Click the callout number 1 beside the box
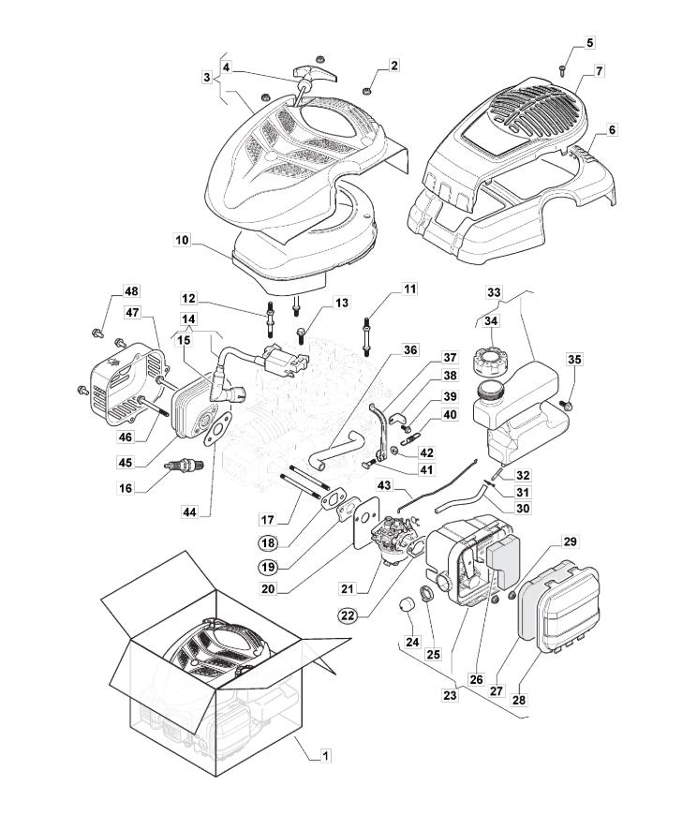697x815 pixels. (x=325, y=755)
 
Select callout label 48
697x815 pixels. (x=131, y=291)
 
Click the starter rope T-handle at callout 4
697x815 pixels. (x=310, y=74)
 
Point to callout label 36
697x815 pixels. (x=410, y=349)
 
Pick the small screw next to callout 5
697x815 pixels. (x=560, y=67)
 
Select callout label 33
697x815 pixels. (x=493, y=292)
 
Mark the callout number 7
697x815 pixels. (x=599, y=70)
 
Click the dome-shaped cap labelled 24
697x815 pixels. (x=408, y=603)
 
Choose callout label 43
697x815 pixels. (x=384, y=485)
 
